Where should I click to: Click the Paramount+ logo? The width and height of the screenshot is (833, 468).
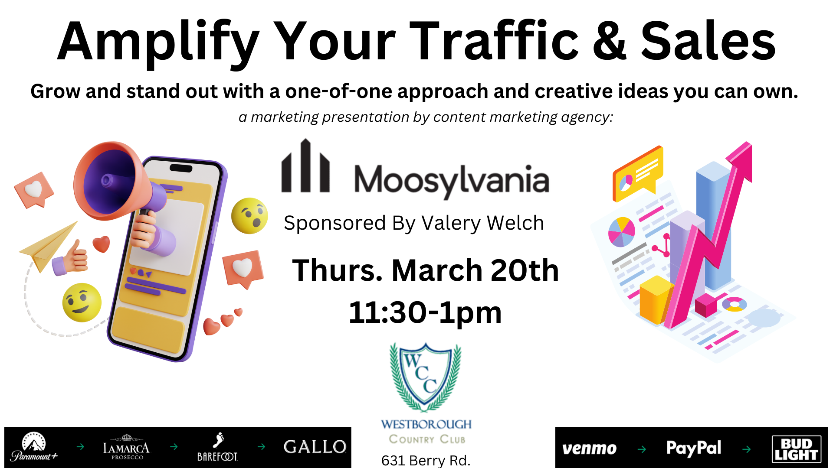click(34, 447)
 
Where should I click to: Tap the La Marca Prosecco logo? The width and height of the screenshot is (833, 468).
click(126, 447)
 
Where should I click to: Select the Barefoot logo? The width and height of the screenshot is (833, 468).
click(217, 447)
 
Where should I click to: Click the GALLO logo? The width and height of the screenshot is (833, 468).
click(315, 447)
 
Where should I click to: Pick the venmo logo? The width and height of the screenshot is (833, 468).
click(589, 448)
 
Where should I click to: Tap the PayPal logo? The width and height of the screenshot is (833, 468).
click(694, 448)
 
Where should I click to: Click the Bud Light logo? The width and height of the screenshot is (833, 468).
click(797, 449)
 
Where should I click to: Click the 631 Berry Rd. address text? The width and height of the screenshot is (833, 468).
click(426, 460)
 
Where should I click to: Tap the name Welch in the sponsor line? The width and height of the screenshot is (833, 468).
click(515, 223)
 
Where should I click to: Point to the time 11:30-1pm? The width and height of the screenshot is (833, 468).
click(425, 312)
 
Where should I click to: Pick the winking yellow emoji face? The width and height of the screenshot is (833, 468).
click(82, 302)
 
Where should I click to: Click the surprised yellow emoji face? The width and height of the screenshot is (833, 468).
click(249, 216)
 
